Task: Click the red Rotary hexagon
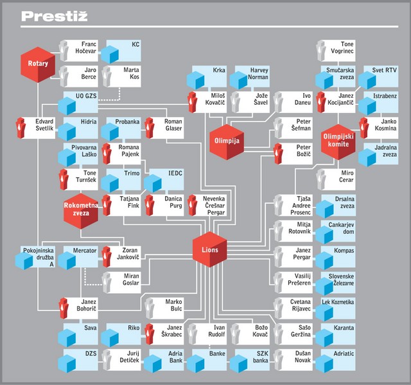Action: pyautogui.click(x=38, y=64)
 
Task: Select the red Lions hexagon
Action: pyautogui.click(x=210, y=249)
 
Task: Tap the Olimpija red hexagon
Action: pyautogui.click(x=227, y=142)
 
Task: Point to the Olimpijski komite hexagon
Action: pyautogui.click(x=338, y=142)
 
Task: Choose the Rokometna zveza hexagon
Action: pyautogui.click(x=81, y=211)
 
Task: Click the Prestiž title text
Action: pyautogui.click(x=54, y=16)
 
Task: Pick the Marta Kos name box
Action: pyautogui.click(x=121, y=76)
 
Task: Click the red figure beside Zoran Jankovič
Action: pyautogui.click(x=107, y=256)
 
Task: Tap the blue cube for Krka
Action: pyautogui.click(x=195, y=80)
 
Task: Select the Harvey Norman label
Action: pyautogui.click(x=258, y=73)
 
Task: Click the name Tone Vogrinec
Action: pyautogui.click(x=342, y=48)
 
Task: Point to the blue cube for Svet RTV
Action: pyautogui.click(x=367, y=80)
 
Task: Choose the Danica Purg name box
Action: pyautogui.click(x=164, y=205)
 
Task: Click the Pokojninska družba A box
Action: pyautogui.click(x=35, y=256)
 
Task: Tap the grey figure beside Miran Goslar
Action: pyautogui.click(x=107, y=282)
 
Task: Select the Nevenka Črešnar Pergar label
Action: pyautogui.click(x=214, y=205)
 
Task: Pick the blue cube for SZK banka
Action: pyautogui.click(x=238, y=364)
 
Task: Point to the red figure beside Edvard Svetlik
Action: pyautogui.click(x=21, y=128)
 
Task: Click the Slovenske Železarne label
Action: pyautogui.click(x=341, y=280)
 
